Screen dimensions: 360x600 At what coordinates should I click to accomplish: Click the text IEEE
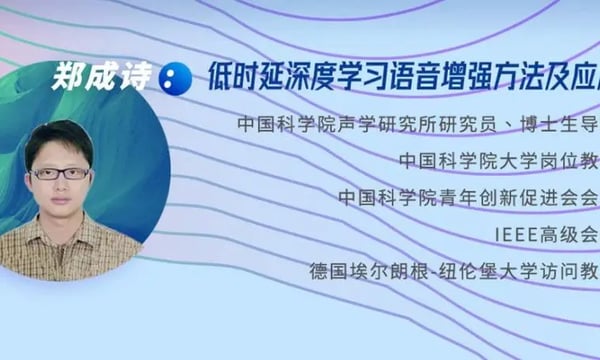[516, 234]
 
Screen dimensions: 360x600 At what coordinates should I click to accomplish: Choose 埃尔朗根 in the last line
[384, 270]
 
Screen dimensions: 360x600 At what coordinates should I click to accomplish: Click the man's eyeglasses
[60, 173]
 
